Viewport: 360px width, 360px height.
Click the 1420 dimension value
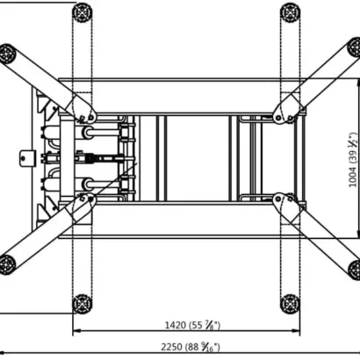coord(176,325)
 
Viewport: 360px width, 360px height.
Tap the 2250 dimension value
coord(171,347)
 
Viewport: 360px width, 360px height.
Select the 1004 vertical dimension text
coord(354,177)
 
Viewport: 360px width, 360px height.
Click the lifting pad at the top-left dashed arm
coord(83,12)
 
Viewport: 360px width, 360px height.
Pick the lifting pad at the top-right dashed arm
coord(290,12)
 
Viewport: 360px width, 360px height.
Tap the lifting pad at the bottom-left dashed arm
coord(83,304)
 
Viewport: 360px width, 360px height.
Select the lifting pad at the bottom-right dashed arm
coord(290,304)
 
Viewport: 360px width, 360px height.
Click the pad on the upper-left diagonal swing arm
coord(6,54)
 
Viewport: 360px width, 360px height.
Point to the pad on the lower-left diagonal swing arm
coord(6,265)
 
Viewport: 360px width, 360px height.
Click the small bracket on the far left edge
coord(27,158)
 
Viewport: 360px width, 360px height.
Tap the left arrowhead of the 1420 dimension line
coord(76,330)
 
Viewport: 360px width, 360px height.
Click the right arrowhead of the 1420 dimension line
coord(296,330)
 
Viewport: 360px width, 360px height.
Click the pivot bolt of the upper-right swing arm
coord(278,118)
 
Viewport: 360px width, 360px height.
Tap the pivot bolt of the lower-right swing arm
coord(278,199)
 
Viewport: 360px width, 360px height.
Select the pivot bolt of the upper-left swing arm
coord(91,118)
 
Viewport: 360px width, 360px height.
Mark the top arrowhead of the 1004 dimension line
coord(358,82)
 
